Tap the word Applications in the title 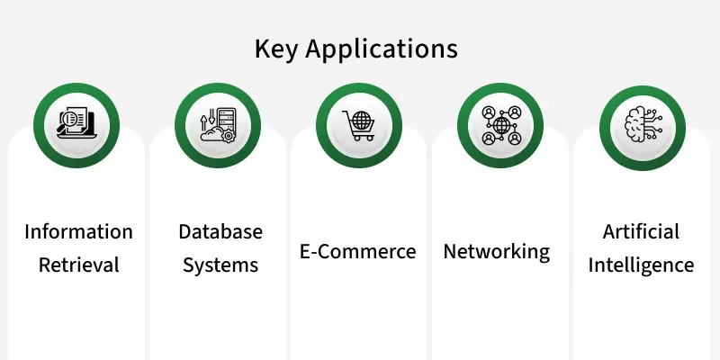click(x=382, y=49)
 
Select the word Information click(x=78, y=231)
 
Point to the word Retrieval click(x=78, y=265)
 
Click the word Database click(x=220, y=231)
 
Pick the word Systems click(x=220, y=265)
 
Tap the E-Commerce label click(x=357, y=252)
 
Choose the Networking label click(x=497, y=252)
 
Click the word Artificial click(x=641, y=231)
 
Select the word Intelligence click(x=641, y=265)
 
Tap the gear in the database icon click(x=228, y=135)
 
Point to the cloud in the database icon click(x=212, y=133)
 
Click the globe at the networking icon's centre click(x=501, y=125)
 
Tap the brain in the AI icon click(x=634, y=124)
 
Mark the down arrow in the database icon click(x=211, y=117)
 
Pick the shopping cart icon click(x=358, y=125)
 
